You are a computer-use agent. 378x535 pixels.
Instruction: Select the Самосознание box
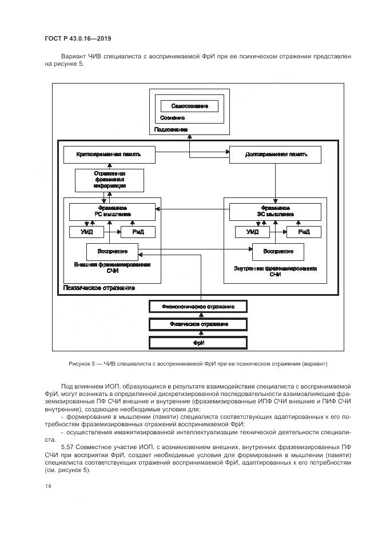[x=189, y=106]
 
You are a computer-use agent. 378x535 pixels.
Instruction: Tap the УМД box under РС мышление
[x=86, y=232]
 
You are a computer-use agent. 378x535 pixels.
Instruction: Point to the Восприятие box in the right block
[x=278, y=251]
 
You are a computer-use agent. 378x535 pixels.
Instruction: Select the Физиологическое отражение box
[x=198, y=307]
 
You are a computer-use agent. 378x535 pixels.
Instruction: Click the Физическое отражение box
[x=198, y=324]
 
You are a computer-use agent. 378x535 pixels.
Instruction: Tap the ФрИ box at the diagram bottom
[x=198, y=342]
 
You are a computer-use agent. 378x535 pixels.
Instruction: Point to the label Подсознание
[x=170, y=130]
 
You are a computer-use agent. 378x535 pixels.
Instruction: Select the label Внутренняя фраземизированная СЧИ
[x=276, y=271]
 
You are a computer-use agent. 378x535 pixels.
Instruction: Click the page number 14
[x=48, y=486]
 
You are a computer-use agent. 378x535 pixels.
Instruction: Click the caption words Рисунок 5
[x=84, y=364]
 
